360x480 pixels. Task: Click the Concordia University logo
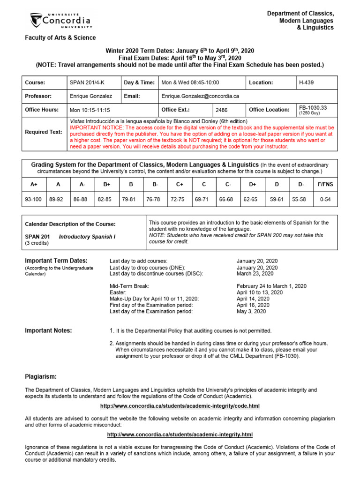tap(60, 20)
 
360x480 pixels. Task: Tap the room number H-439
tap(307, 82)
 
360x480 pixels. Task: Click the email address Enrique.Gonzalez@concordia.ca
tap(200, 96)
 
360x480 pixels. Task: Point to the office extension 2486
tap(221, 110)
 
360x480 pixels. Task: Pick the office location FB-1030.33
tap(313, 108)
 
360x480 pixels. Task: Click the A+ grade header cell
tap(33, 184)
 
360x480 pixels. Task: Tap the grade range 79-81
tap(128, 199)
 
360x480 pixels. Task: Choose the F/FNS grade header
tap(325, 184)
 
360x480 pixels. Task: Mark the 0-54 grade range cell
tap(325, 199)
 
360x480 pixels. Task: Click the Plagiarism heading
tap(41, 376)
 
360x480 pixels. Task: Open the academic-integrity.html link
tap(180, 435)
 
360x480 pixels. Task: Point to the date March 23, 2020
tap(255, 274)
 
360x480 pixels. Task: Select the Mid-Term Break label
tap(129, 286)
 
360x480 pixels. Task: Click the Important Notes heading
tap(48, 331)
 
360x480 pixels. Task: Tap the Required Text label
tap(44, 132)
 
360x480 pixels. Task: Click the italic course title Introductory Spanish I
tap(87, 237)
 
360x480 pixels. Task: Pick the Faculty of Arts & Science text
tap(60, 38)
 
